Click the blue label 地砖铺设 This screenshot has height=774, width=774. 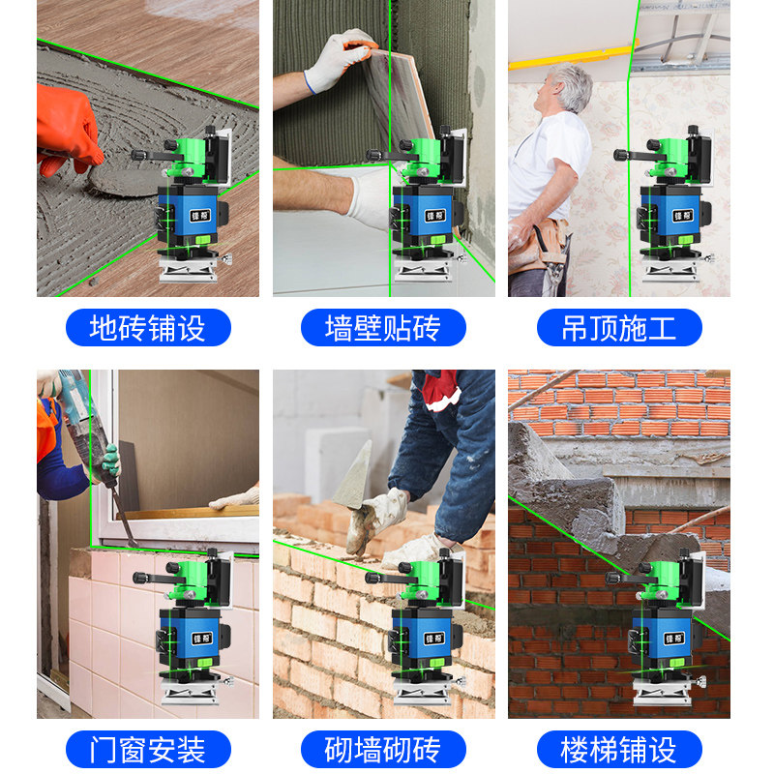(x=148, y=328)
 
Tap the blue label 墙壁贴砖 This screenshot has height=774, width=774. (x=383, y=328)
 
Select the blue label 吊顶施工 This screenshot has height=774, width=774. (x=619, y=328)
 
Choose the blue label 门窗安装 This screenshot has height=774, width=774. (x=148, y=749)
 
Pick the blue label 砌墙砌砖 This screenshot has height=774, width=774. (x=383, y=749)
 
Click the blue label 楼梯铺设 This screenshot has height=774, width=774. (x=619, y=749)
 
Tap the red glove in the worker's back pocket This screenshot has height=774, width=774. (x=440, y=389)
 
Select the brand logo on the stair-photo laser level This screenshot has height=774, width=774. (x=673, y=639)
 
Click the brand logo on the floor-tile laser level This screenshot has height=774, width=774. (x=200, y=215)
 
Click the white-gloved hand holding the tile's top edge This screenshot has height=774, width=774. (x=340, y=58)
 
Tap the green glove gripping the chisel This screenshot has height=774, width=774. (x=109, y=463)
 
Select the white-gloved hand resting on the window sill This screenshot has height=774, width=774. (x=236, y=499)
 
